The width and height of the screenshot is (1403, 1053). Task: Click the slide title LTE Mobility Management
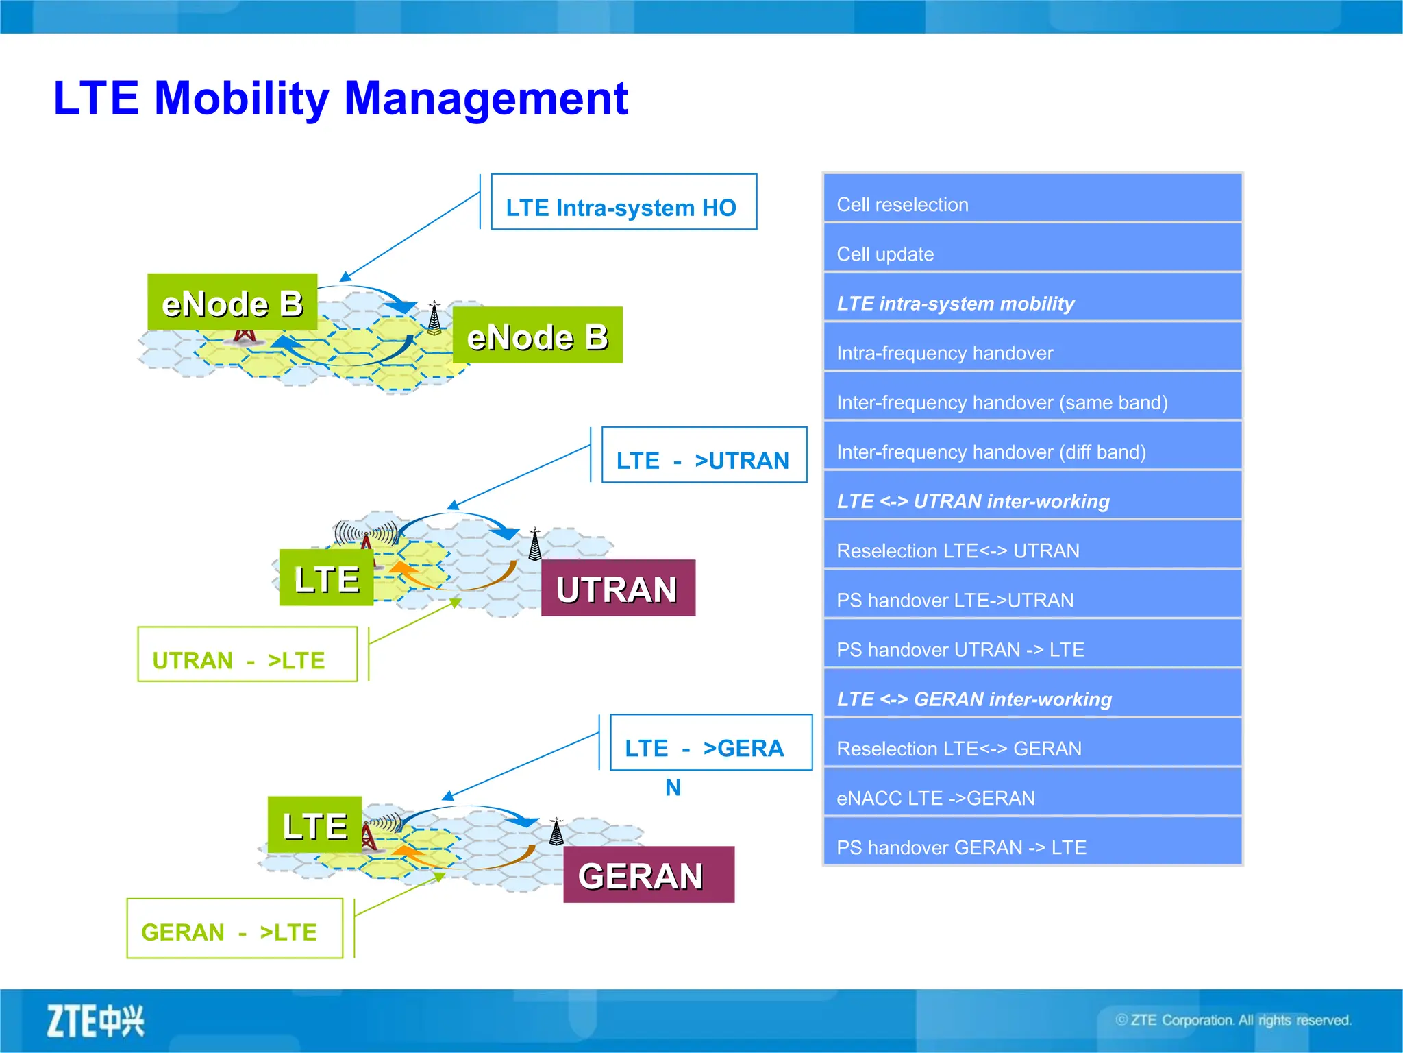point(340,98)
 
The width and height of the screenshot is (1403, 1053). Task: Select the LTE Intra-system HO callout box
point(623,202)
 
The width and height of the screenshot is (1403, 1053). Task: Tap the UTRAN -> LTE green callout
point(247,655)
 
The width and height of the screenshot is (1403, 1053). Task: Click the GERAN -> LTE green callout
point(234,928)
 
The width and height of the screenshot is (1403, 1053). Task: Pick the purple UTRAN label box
point(618,588)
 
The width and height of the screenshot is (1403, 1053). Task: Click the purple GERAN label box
point(648,875)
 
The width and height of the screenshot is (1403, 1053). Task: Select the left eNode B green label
point(232,302)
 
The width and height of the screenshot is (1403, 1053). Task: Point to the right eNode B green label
point(537,335)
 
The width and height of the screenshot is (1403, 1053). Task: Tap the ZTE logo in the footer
point(95,1021)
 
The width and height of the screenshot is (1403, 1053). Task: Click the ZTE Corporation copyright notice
point(1233,1020)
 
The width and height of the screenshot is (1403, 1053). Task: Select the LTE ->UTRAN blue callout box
point(704,455)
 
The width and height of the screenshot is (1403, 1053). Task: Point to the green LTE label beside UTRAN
point(327,578)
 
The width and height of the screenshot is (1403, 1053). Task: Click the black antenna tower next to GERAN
point(557,832)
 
